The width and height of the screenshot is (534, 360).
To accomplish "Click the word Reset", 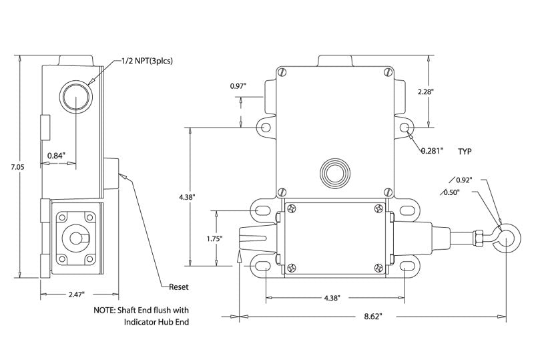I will (x=178, y=287).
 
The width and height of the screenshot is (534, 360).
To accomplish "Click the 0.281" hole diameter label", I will (x=432, y=151).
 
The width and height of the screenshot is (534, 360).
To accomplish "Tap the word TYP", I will (x=465, y=152).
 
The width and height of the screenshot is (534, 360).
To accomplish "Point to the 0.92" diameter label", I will (x=465, y=180).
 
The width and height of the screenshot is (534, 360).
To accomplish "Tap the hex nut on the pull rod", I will (x=479, y=238).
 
